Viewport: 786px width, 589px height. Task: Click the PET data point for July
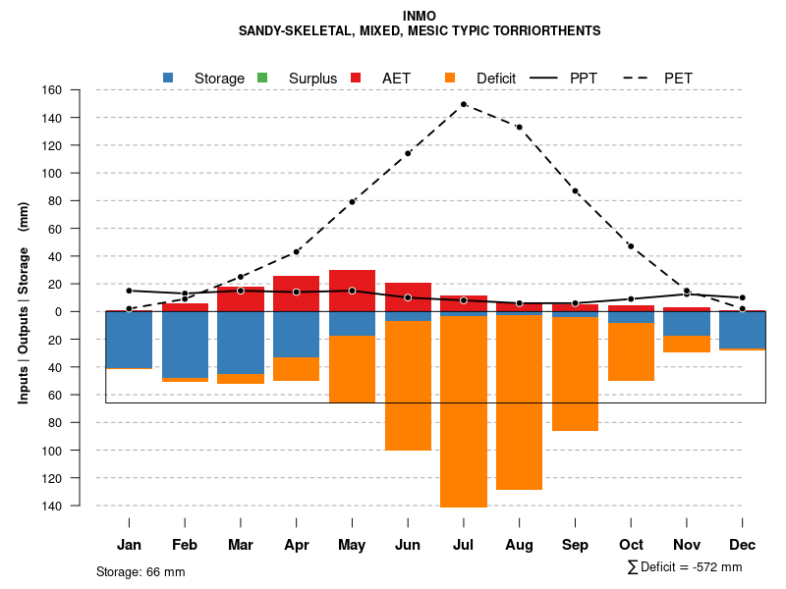[x=464, y=104]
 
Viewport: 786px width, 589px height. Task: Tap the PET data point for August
[x=519, y=127]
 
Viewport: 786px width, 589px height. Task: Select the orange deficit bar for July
[x=464, y=411]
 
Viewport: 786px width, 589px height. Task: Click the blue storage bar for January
[x=129, y=340]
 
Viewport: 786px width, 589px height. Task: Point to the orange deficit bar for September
[x=575, y=374]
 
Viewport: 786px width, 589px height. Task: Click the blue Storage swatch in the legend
[x=169, y=78]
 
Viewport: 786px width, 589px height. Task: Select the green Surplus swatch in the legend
[x=262, y=78]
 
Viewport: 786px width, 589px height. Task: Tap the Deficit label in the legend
[x=496, y=78]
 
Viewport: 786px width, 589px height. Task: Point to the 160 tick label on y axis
[x=79, y=90]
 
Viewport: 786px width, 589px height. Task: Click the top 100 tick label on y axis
[x=79, y=174]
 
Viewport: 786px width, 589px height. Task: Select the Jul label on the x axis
[x=464, y=545]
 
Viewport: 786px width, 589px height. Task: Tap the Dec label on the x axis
[x=743, y=545]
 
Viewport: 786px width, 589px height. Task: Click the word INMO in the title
[x=420, y=16]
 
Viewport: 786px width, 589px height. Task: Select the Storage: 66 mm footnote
[x=140, y=571]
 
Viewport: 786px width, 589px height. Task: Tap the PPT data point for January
[x=129, y=291]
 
